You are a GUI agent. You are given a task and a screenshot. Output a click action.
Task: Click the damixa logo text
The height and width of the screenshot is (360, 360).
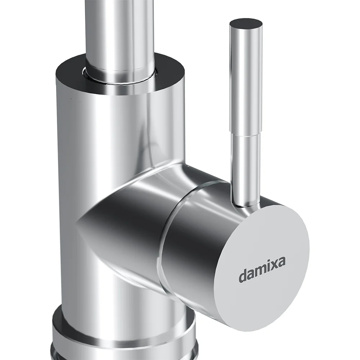262,270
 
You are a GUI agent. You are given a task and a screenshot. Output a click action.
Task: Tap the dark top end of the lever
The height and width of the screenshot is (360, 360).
246,24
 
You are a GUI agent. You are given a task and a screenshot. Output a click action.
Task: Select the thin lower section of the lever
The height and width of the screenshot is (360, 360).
246,170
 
